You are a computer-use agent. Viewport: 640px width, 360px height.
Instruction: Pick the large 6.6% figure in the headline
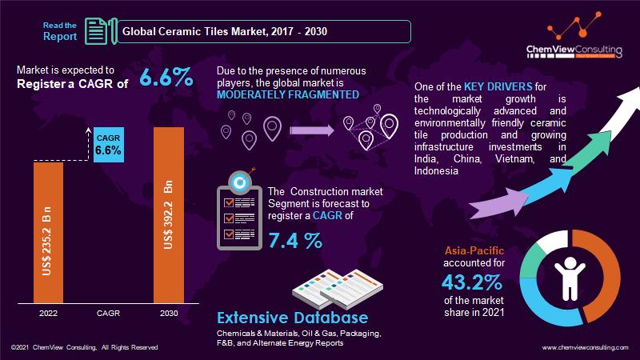(x=166, y=78)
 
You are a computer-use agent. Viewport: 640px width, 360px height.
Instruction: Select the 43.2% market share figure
(x=471, y=282)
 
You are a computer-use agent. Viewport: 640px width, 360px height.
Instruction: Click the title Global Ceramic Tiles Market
(x=224, y=32)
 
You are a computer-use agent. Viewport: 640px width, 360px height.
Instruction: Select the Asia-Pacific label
(x=473, y=250)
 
